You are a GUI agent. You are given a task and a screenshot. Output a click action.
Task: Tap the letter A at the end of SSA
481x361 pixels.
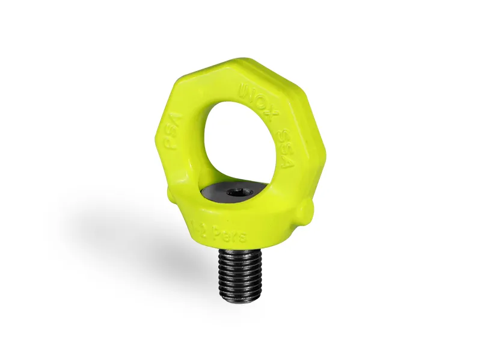pos(286,162)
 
